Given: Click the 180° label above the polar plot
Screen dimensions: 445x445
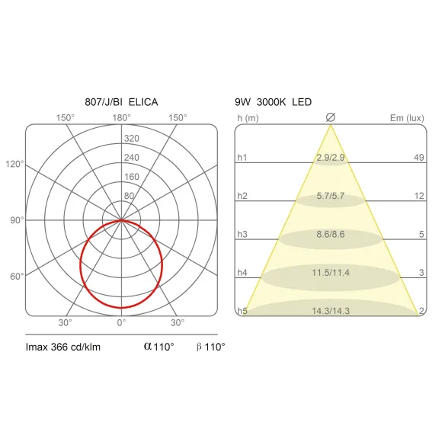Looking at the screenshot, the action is (x=121, y=117).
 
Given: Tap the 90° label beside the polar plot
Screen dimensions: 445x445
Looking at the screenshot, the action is (x=17, y=220).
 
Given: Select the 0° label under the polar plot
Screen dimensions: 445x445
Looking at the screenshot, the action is (x=121, y=322).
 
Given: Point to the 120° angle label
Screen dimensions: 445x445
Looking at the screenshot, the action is (x=14, y=164).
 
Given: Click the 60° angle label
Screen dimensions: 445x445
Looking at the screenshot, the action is (x=17, y=276).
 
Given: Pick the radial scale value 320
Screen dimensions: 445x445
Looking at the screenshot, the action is (x=132, y=139).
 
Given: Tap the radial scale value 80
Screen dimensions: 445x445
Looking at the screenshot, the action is (x=129, y=196).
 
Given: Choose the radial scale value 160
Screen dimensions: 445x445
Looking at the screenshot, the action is (x=132, y=177).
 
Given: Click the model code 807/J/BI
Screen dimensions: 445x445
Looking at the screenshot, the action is (x=104, y=102).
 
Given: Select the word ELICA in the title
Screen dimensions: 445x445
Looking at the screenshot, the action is (x=143, y=102).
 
